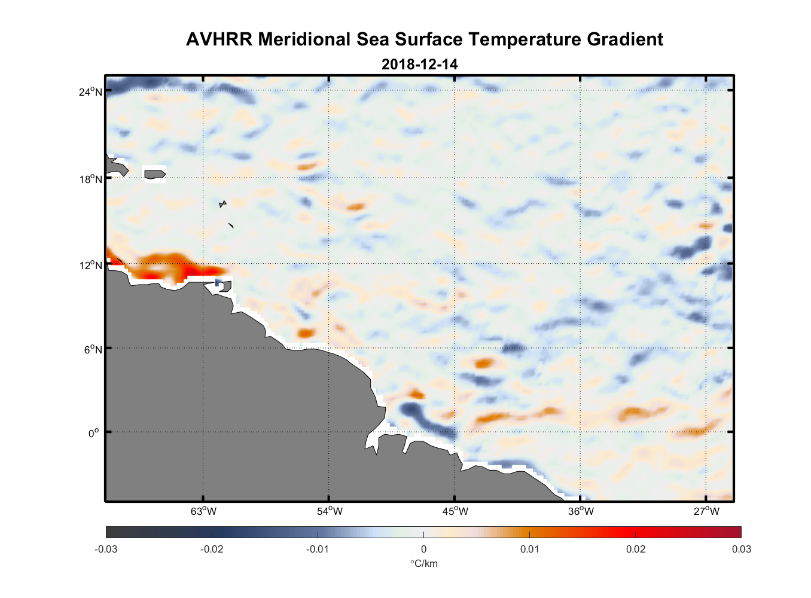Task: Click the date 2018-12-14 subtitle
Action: click(419, 65)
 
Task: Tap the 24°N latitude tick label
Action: click(91, 91)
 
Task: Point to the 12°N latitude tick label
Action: click(91, 265)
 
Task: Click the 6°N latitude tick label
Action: click(93, 349)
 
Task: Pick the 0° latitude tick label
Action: click(94, 434)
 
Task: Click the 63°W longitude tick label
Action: click(203, 511)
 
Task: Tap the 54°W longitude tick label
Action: click(330, 511)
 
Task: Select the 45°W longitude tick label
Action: click(455, 511)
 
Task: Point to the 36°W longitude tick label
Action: click(581, 511)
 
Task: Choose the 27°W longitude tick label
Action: click(706, 511)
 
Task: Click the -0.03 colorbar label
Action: click(106, 549)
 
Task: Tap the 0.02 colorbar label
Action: click(635, 549)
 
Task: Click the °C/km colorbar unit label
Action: click(423, 563)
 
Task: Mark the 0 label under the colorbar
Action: click(423, 549)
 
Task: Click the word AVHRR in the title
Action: click(219, 39)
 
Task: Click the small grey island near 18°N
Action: click(154, 174)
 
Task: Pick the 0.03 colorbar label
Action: click(741, 549)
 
